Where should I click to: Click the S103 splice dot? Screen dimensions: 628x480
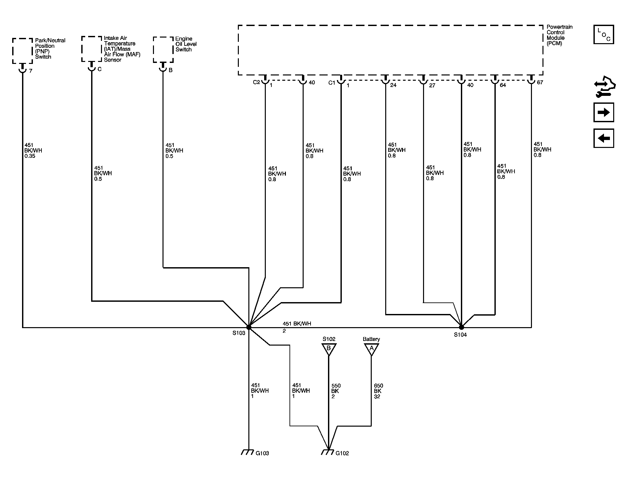click(x=249, y=327)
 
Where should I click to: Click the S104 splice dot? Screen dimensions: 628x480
click(x=461, y=327)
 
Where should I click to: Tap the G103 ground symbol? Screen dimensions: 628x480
click(x=247, y=452)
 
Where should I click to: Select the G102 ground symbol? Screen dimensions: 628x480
click(x=327, y=452)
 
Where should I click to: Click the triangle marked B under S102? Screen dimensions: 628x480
click(x=329, y=349)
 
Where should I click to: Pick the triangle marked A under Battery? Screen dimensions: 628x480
click(x=371, y=349)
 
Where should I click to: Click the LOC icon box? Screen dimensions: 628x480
click(x=604, y=34)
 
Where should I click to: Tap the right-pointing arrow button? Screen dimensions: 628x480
click(x=604, y=113)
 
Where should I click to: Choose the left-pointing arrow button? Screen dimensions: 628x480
click(x=604, y=138)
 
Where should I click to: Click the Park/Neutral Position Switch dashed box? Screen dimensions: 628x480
click(x=23, y=51)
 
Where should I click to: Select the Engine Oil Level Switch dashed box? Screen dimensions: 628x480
click(x=163, y=49)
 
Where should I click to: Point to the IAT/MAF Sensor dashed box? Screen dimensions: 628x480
click(x=91, y=49)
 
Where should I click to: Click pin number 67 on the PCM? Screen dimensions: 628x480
click(x=540, y=82)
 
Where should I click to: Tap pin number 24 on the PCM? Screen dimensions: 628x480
click(x=393, y=85)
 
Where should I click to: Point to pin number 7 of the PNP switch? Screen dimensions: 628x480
click(x=31, y=71)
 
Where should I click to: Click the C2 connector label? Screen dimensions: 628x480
click(x=256, y=82)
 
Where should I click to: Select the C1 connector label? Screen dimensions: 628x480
click(x=332, y=83)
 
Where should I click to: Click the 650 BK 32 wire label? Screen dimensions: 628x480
click(x=378, y=391)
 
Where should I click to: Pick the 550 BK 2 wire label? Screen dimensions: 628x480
click(x=336, y=391)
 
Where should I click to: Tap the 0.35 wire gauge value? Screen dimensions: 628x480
click(x=30, y=156)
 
